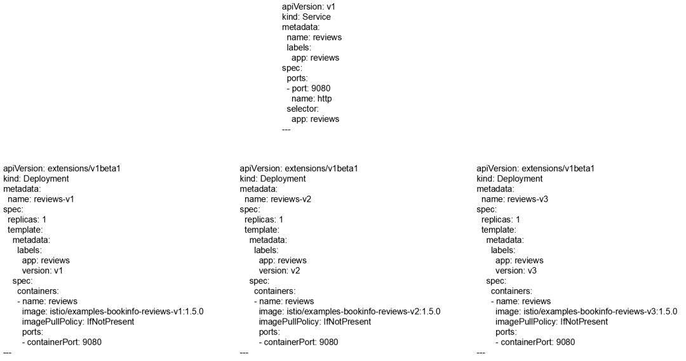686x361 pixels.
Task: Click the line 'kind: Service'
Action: pos(306,16)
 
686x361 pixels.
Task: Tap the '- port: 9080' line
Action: pos(309,88)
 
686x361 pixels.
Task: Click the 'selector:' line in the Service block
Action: pos(302,108)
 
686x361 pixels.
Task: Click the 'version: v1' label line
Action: pos(43,270)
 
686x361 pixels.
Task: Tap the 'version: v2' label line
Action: pos(279,270)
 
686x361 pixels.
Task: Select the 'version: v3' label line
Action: pos(516,270)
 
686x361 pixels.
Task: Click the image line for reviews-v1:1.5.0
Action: pos(112,312)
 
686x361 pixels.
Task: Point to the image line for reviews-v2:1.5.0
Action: pos(349,312)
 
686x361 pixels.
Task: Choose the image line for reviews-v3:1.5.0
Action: pos(586,312)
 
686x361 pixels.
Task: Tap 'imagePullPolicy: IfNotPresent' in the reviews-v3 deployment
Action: pos(551,322)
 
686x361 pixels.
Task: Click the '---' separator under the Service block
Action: pos(286,129)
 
